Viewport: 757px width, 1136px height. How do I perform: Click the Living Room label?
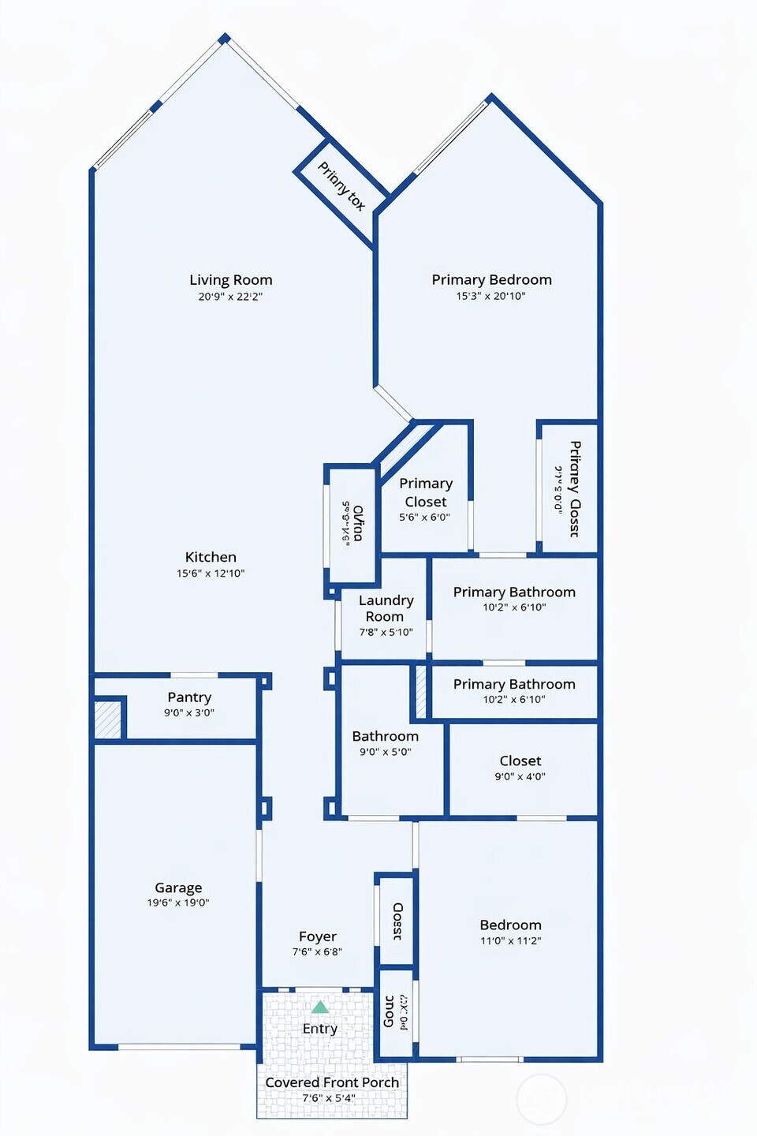[230, 280]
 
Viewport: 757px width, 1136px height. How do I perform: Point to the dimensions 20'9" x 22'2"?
[230, 297]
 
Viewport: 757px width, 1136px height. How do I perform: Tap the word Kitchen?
[211, 557]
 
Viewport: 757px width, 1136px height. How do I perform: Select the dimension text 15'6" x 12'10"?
[211, 574]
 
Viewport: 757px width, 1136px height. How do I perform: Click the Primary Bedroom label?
[491, 280]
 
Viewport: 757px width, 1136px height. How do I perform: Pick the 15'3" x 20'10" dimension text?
[490, 296]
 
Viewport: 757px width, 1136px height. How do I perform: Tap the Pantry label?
[189, 697]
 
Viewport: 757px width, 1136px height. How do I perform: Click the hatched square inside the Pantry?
[108, 719]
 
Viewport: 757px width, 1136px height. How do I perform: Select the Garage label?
[178, 887]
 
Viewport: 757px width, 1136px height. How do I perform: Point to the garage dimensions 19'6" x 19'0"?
[178, 902]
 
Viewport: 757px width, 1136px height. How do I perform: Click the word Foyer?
[318, 936]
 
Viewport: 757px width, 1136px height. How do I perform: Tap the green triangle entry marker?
[319, 1007]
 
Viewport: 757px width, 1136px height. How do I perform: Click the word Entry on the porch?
[319, 1029]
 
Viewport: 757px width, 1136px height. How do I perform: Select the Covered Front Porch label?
[332, 1082]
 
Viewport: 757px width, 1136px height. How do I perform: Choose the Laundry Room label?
[386, 608]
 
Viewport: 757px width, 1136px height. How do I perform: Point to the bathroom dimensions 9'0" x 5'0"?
[386, 752]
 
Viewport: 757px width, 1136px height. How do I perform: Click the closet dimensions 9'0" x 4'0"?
[520, 776]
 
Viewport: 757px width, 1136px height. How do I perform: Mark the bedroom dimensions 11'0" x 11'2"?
[511, 940]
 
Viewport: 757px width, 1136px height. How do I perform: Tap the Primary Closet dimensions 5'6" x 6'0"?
[424, 518]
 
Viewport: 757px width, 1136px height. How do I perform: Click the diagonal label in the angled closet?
[341, 186]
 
